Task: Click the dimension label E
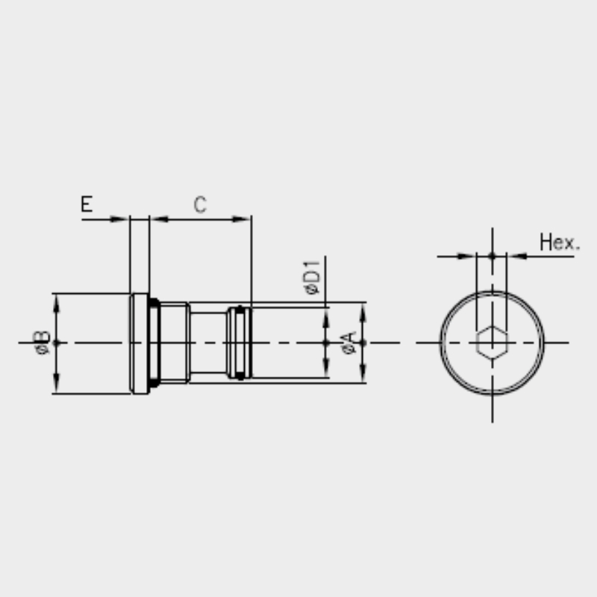click(87, 204)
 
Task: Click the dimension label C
click(200, 204)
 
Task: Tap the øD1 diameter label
click(312, 278)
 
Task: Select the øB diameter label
click(42, 343)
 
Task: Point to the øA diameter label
click(349, 343)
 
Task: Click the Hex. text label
click(559, 242)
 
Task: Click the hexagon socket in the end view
click(493, 343)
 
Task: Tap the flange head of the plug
click(140, 343)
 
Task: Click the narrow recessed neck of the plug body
click(209, 343)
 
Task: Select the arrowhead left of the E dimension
click(119, 219)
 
